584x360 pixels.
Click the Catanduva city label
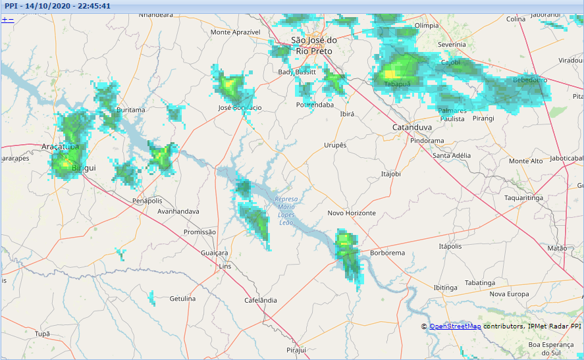411,127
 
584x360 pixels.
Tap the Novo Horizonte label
352,213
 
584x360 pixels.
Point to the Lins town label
225,267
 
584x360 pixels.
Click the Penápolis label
147,200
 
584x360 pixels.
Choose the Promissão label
199,232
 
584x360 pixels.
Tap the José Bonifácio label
240,107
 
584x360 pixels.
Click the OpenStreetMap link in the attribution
455,326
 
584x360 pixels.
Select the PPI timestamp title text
57,6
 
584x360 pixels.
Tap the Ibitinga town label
445,288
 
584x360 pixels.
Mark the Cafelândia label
260,300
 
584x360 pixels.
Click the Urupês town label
335,145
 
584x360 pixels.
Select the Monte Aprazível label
236,32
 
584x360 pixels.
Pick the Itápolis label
450,246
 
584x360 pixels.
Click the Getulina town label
182,299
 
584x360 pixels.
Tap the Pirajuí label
297,349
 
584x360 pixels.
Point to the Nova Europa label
509,294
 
